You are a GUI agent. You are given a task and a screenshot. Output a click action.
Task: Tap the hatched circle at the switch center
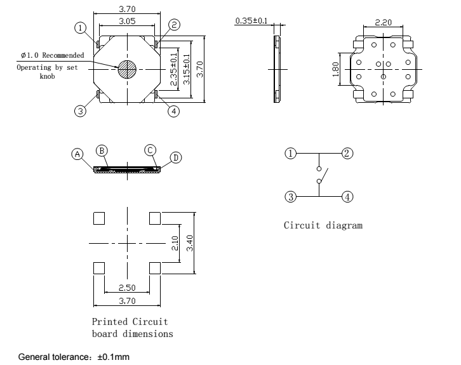click(126, 69)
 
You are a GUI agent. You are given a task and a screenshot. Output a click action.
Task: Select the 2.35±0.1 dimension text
click(175, 69)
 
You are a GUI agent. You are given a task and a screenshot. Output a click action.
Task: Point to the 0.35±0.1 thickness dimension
click(252, 21)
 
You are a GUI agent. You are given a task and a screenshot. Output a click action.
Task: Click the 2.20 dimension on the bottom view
click(383, 22)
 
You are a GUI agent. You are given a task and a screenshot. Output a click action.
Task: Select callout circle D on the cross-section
click(175, 157)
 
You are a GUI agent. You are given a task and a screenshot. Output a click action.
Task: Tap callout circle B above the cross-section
click(101, 150)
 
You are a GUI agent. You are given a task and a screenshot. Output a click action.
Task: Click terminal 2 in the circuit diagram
click(347, 153)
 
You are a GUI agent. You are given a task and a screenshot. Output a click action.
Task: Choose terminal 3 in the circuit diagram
click(290, 196)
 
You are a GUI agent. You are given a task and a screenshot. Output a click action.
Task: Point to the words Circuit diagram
click(323, 225)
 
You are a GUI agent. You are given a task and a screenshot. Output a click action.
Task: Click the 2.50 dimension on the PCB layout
click(126, 289)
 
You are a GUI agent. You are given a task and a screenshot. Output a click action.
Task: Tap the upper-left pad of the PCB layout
click(98, 218)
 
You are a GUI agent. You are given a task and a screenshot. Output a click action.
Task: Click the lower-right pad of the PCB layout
click(154, 268)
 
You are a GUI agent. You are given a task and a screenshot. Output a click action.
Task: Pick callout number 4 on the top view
click(173, 111)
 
